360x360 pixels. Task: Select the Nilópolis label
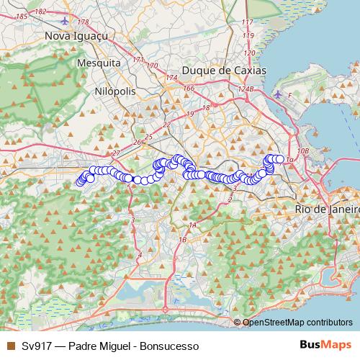114,91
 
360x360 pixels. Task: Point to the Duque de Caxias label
224,71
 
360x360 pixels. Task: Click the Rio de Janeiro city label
327,209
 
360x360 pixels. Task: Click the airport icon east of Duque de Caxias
279,94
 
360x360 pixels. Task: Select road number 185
22,15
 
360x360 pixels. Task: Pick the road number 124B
247,89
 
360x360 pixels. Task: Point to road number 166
189,89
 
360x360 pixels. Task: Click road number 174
171,77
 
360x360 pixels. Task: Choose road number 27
116,154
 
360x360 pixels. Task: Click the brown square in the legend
10,346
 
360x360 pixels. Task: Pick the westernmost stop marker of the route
80,181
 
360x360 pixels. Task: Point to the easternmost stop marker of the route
280,159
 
